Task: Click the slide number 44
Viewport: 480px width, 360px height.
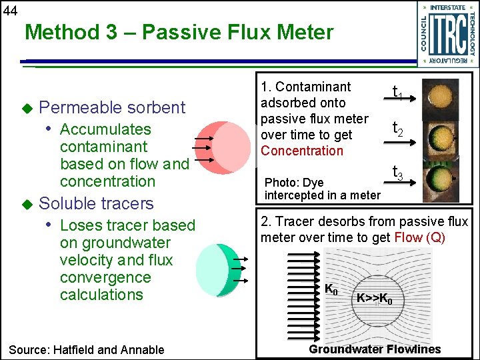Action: click(9, 9)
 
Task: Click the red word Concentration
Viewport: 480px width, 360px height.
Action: click(301, 151)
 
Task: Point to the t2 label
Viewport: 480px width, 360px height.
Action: click(397, 128)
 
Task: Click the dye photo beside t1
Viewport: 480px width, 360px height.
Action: click(441, 95)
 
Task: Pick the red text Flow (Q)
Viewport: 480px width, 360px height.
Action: click(419, 238)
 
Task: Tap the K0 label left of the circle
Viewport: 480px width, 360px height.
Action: click(331, 289)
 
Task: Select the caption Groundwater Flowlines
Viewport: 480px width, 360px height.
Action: click(374, 349)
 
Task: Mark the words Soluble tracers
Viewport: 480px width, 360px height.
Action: click(97, 203)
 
